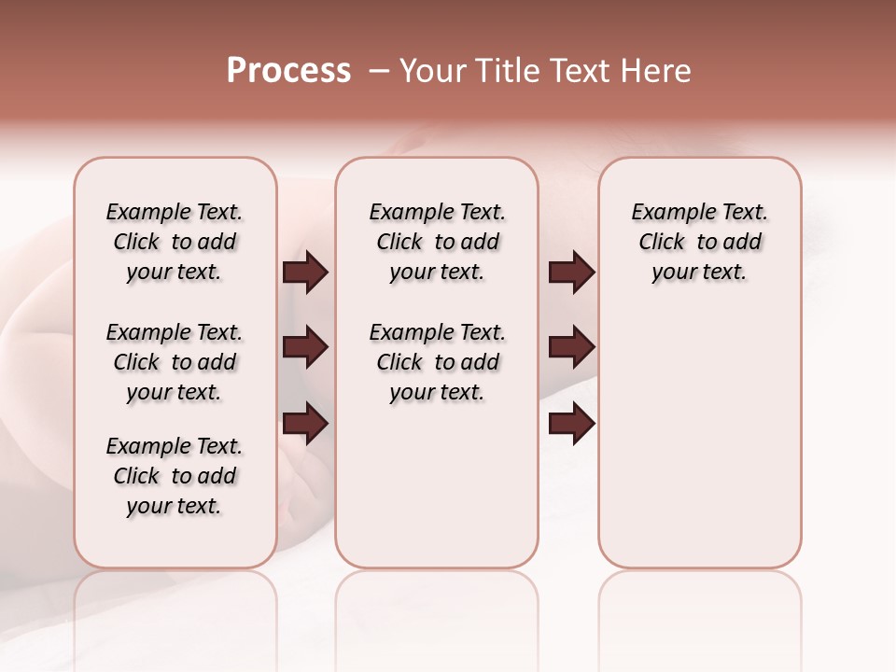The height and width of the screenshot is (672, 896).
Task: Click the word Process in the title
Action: pyautogui.click(x=288, y=71)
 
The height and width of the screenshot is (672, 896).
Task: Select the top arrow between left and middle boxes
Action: pyautogui.click(x=305, y=272)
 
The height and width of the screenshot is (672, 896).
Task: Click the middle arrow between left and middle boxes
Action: pyautogui.click(x=305, y=347)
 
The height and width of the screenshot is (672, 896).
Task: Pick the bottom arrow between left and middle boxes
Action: pyautogui.click(x=305, y=425)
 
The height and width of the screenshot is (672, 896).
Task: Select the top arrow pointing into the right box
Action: pyautogui.click(x=571, y=272)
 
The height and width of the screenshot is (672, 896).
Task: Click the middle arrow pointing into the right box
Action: pyautogui.click(x=571, y=347)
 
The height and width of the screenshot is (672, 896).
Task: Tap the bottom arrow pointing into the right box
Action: pyautogui.click(x=571, y=425)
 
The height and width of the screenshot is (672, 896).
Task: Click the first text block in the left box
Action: pyautogui.click(x=175, y=242)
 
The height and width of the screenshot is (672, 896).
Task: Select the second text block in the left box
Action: pyautogui.click(x=175, y=362)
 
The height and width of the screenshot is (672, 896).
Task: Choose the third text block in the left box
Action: pyautogui.click(x=175, y=476)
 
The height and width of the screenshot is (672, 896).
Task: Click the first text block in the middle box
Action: pyautogui.click(x=437, y=242)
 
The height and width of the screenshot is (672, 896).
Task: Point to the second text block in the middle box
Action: pyautogui.click(x=437, y=362)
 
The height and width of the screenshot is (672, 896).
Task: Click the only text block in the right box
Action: pyautogui.click(x=699, y=242)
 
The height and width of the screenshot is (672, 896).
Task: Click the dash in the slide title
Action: pyautogui.click(x=379, y=71)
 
